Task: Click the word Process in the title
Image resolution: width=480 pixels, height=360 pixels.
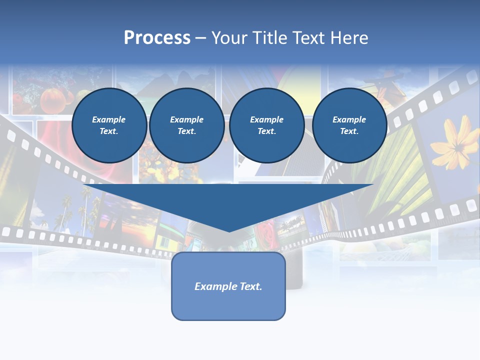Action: (157, 38)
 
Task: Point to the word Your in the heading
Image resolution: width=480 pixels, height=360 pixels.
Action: (228, 38)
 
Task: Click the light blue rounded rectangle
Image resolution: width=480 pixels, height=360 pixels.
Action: (228, 305)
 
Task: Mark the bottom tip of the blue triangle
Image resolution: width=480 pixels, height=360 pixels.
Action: (229, 231)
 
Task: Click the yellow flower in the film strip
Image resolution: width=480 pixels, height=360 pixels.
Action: (454, 145)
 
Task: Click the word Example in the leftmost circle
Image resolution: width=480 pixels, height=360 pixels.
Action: (109, 119)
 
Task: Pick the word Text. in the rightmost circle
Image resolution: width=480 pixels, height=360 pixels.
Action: (349, 131)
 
